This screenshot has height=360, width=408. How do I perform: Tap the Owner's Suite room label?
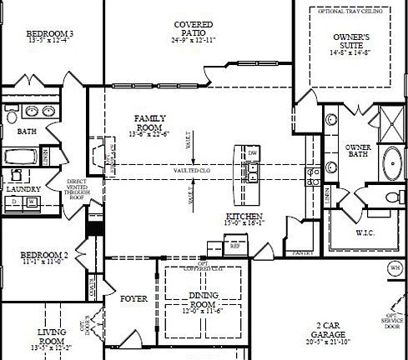[350, 43]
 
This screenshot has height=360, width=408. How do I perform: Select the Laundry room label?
[23, 190]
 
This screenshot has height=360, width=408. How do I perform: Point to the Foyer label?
[133, 298]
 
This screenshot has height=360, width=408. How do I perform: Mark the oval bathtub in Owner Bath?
[391, 160]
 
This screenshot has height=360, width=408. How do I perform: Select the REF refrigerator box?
[234, 247]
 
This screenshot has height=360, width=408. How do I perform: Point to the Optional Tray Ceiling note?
[351, 11]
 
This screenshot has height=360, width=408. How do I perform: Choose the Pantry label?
[302, 252]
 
